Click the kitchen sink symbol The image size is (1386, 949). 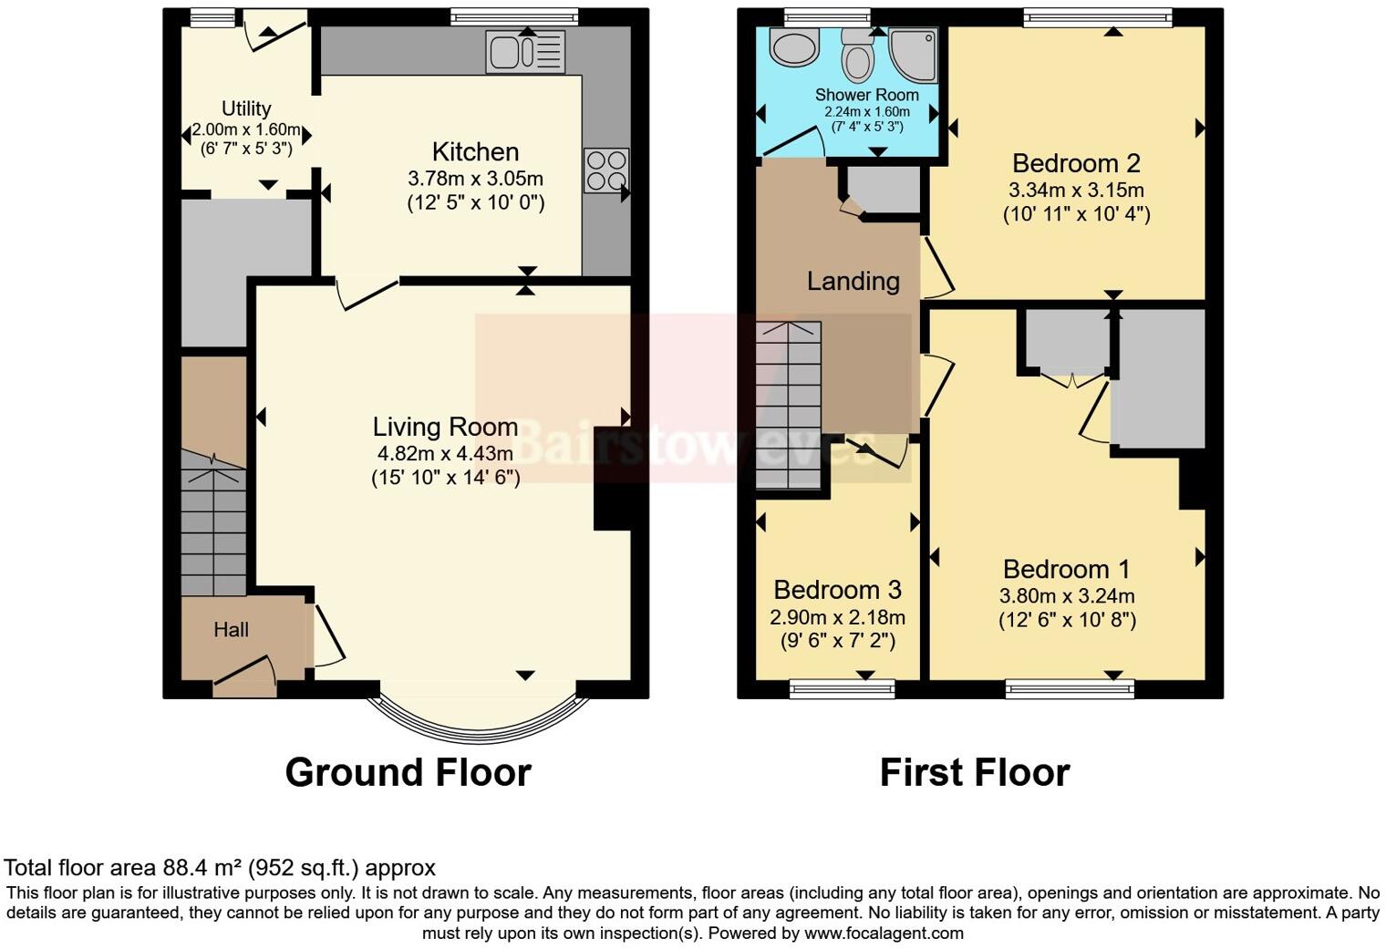(x=526, y=52)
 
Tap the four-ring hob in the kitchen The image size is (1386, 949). (x=606, y=170)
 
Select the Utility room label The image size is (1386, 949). (x=246, y=108)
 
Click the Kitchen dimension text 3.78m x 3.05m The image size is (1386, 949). (x=475, y=178)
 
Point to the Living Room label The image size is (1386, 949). (x=445, y=427)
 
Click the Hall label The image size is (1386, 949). (x=231, y=629)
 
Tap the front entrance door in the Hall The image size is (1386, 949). (x=245, y=673)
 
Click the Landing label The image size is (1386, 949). (x=853, y=281)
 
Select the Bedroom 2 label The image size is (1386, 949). (x=1076, y=163)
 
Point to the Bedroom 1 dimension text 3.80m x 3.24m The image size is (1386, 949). (x=1067, y=596)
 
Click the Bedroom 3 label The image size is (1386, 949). (x=837, y=589)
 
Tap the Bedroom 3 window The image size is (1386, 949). (x=843, y=689)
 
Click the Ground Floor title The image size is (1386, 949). (x=408, y=772)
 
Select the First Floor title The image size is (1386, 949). (x=974, y=772)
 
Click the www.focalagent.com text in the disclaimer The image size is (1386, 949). (x=884, y=933)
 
